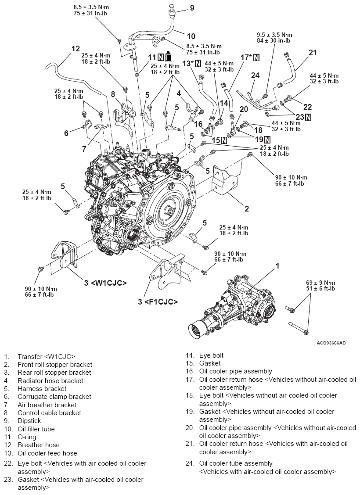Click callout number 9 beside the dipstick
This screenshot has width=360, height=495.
192,7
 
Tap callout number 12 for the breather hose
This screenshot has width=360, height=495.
76,48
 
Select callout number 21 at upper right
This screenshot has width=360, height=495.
312,53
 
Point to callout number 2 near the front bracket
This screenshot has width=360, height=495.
247,209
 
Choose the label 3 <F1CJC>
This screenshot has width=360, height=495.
158,301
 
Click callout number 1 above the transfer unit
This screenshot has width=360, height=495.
277,265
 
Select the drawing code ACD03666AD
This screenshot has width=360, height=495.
331,343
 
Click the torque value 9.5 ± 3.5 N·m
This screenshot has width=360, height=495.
274,35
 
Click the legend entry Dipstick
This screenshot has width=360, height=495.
29,421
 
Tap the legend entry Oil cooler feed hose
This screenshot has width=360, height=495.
47,453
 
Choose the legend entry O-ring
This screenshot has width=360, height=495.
27,437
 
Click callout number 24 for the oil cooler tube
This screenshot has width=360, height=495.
256,75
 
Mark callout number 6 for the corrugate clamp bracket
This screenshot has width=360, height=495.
66,133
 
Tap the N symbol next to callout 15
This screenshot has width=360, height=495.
224,140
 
